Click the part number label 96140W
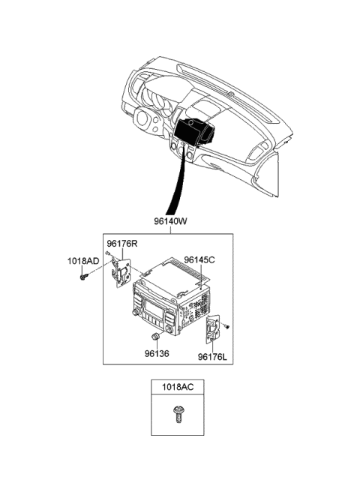pos(170,221)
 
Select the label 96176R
pos(121,244)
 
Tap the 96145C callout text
pos(199,259)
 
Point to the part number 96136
pos(157,354)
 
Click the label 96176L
pos(212,357)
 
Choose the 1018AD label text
pos(83,261)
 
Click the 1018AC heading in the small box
pos(178,387)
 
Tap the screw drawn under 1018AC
pos(178,414)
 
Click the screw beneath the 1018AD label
pos(84,277)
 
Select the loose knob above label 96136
pos(155,337)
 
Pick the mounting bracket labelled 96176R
pos(121,271)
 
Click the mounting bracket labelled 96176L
pos(213,328)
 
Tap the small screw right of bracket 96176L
pos(227,327)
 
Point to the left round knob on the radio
pos(136,313)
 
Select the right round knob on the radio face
pos(169,329)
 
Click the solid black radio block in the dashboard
pos(193,132)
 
